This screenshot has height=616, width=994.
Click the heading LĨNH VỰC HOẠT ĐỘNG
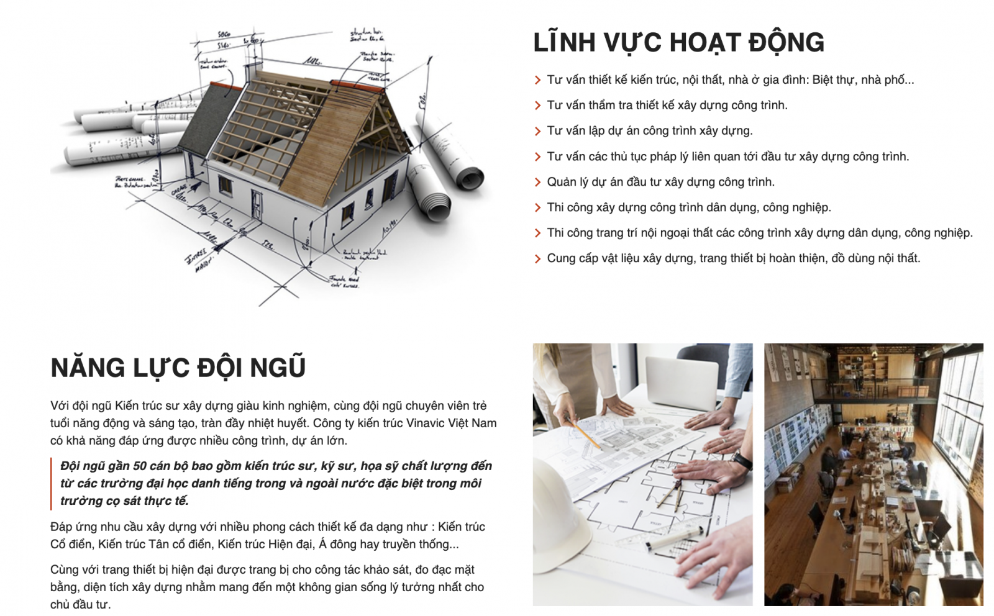click(x=678, y=42)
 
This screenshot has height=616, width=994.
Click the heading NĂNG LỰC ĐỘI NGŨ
click(x=178, y=368)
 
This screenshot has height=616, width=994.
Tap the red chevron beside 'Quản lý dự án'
click(x=537, y=183)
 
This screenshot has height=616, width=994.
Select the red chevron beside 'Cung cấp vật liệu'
click(x=537, y=259)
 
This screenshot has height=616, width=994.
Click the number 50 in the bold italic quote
click(x=140, y=466)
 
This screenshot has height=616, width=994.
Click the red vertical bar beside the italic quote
click(x=52, y=483)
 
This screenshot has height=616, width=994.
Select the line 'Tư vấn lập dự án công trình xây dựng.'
click(x=649, y=131)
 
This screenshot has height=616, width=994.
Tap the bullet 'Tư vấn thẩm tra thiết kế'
click(x=667, y=106)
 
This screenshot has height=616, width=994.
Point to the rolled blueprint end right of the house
click(x=469, y=178)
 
